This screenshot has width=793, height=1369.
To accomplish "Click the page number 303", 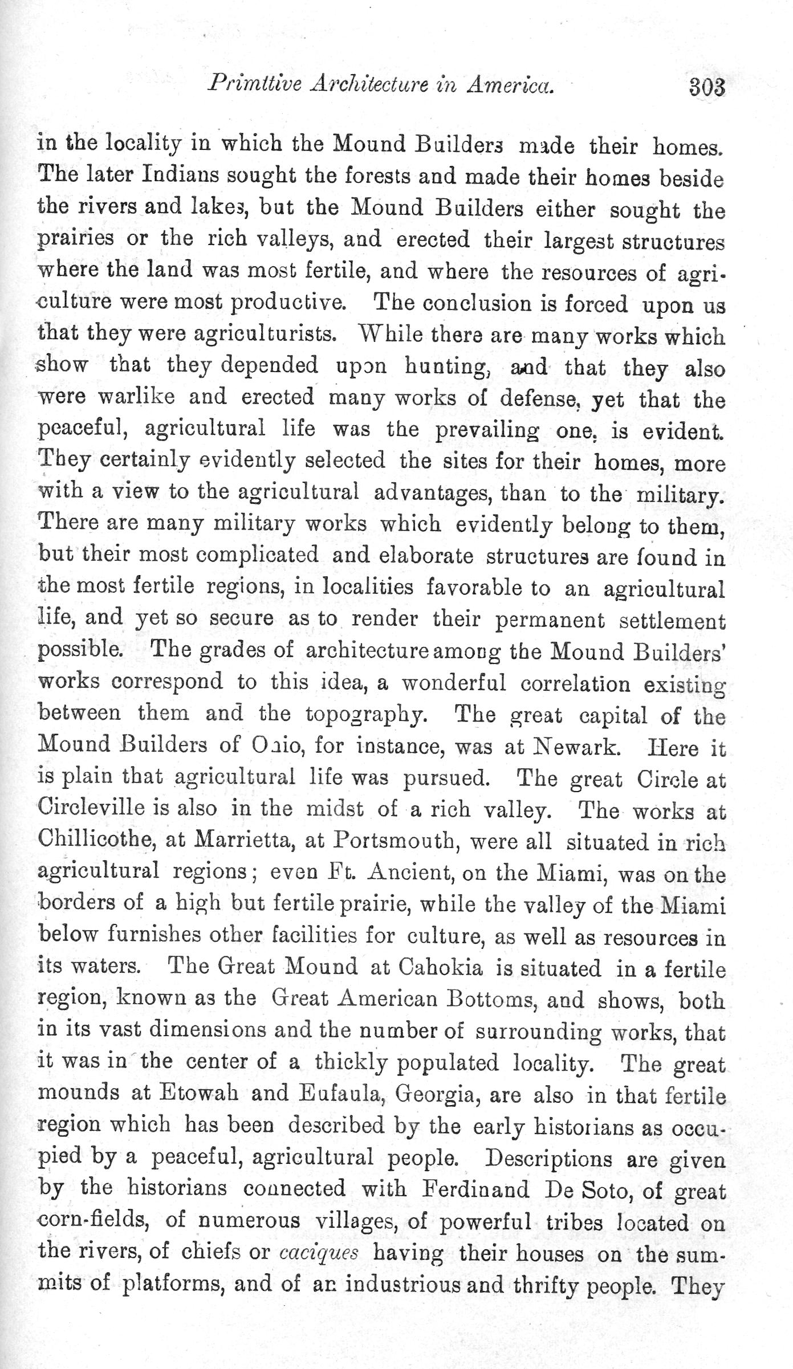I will (x=706, y=88).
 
